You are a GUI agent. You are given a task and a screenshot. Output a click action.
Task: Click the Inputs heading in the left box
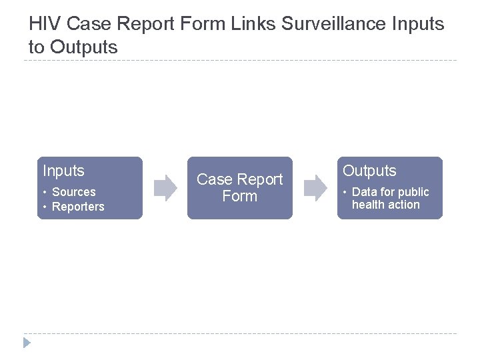pyautogui.click(x=63, y=171)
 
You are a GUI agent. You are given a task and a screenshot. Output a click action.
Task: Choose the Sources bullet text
pyautogui.click(x=73, y=192)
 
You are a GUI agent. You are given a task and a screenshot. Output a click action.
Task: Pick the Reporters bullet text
pyautogui.click(x=78, y=207)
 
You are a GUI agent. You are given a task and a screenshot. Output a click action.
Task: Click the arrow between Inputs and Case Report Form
pyautogui.click(x=165, y=188)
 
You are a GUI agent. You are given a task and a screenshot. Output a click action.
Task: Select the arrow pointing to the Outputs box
pyautogui.click(x=316, y=188)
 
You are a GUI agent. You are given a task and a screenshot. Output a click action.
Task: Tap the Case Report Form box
pyautogui.click(x=240, y=188)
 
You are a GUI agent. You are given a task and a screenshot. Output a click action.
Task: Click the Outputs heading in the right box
pyautogui.click(x=369, y=171)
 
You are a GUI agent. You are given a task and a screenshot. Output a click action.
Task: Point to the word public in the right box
pyautogui.click(x=413, y=192)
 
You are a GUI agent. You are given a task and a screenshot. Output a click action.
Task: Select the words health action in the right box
pyautogui.click(x=386, y=205)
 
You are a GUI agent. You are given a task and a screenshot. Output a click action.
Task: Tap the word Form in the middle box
pyautogui.click(x=240, y=197)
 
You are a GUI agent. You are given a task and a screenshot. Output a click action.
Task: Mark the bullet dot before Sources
pyautogui.click(x=45, y=193)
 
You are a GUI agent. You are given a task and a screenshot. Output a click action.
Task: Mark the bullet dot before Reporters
pyautogui.click(x=45, y=207)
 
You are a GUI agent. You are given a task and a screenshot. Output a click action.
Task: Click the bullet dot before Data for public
pyautogui.click(x=345, y=193)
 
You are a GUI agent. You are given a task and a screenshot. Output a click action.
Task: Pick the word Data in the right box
pyautogui.click(x=364, y=192)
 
